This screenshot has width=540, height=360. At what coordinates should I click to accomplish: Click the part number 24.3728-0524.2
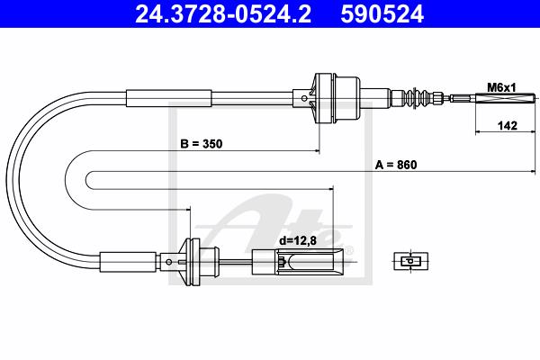pyautogui.click(x=223, y=14)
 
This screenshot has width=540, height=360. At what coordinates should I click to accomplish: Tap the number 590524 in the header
pyautogui.click(x=382, y=14)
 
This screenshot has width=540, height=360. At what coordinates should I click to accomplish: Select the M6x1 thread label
pyautogui.click(x=501, y=88)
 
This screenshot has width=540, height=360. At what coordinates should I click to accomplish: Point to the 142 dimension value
pyautogui.click(x=508, y=125)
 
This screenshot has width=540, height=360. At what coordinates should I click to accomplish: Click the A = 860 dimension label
pyautogui.click(x=396, y=165)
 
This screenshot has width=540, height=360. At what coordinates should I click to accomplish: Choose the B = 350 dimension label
pyautogui.click(x=202, y=144)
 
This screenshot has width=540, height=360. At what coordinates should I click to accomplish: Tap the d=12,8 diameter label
pyautogui.click(x=298, y=240)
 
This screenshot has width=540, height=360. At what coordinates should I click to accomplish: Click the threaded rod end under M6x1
pyautogui.click(x=506, y=98)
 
